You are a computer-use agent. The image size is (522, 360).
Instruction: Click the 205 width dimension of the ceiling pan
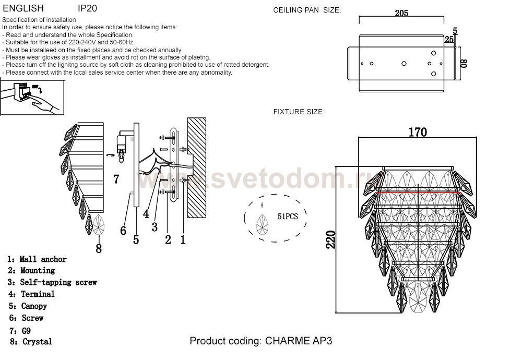tap(401, 13)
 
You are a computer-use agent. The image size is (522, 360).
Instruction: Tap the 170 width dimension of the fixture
tap(418, 132)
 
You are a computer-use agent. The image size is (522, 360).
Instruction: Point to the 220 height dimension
tap(330, 239)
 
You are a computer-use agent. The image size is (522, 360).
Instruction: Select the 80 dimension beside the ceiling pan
tap(464, 63)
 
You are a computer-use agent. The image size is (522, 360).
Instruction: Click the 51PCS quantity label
tap(288, 217)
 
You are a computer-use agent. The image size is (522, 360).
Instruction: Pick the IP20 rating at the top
tap(87, 8)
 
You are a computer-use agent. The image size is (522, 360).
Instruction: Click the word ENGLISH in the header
tap(23, 8)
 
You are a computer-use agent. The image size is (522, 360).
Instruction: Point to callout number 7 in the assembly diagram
tap(116, 179)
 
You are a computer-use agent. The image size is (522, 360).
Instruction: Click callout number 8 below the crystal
tap(99, 248)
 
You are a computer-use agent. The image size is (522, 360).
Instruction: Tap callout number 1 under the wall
tap(183, 239)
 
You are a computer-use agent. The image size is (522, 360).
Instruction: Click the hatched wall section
tap(196, 167)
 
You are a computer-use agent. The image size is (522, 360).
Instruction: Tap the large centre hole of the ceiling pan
tap(404, 63)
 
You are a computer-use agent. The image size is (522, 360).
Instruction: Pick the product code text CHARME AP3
tap(299, 341)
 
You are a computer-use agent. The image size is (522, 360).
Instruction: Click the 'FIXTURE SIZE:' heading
tap(299, 112)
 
